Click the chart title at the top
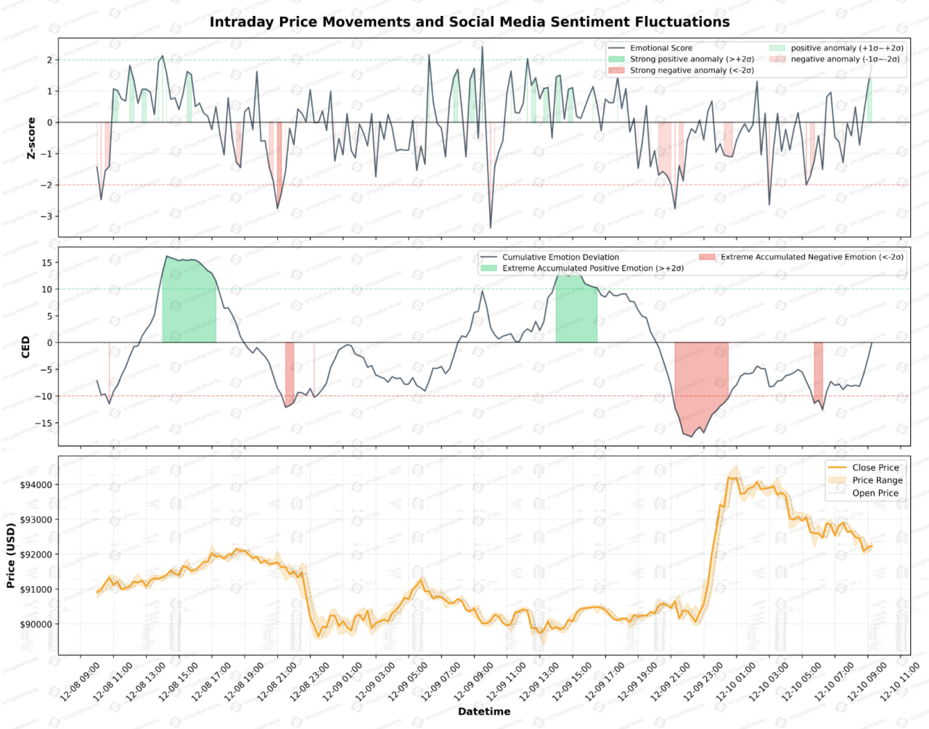click(x=470, y=22)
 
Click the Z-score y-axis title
click(x=31, y=138)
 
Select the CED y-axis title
click(x=26, y=347)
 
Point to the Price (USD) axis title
click(x=11, y=555)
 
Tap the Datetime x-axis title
click(x=483, y=712)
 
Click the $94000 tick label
click(x=35, y=485)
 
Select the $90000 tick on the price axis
click(x=35, y=624)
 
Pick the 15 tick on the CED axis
click(x=46, y=263)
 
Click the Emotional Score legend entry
click(x=660, y=48)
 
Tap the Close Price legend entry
click(x=875, y=468)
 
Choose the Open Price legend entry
click(x=875, y=493)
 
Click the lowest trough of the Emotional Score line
click(x=490, y=228)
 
